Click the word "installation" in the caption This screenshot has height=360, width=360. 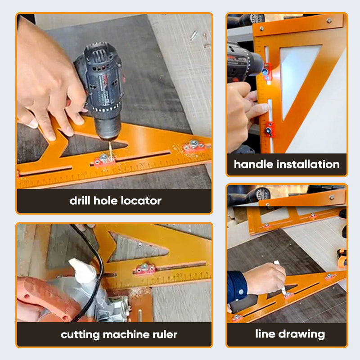coord(309,164)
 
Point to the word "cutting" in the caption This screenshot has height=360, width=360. coord(79,334)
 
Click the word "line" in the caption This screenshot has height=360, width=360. coord(265,334)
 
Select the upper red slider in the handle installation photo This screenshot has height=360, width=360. coord(267,69)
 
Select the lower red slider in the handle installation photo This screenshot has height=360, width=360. coord(269,129)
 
